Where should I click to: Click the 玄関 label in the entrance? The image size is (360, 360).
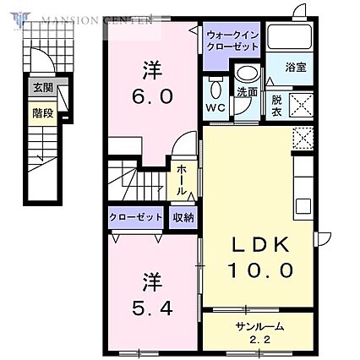tap(41, 86)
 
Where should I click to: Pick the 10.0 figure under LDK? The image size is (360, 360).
tap(263, 270)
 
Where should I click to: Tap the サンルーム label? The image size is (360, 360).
tap(260, 325)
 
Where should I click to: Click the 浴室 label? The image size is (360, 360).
tap(294, 67)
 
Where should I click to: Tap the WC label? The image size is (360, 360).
tap(215, 107)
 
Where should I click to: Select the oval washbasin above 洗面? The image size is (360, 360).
tap(245, 74)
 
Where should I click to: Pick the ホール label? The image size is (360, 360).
tap(183, 180)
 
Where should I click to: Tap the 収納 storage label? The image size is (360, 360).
tap(183, 217)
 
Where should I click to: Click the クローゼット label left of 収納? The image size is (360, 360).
tap(135, 217)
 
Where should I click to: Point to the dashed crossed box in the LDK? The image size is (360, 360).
tap(302, 139)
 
